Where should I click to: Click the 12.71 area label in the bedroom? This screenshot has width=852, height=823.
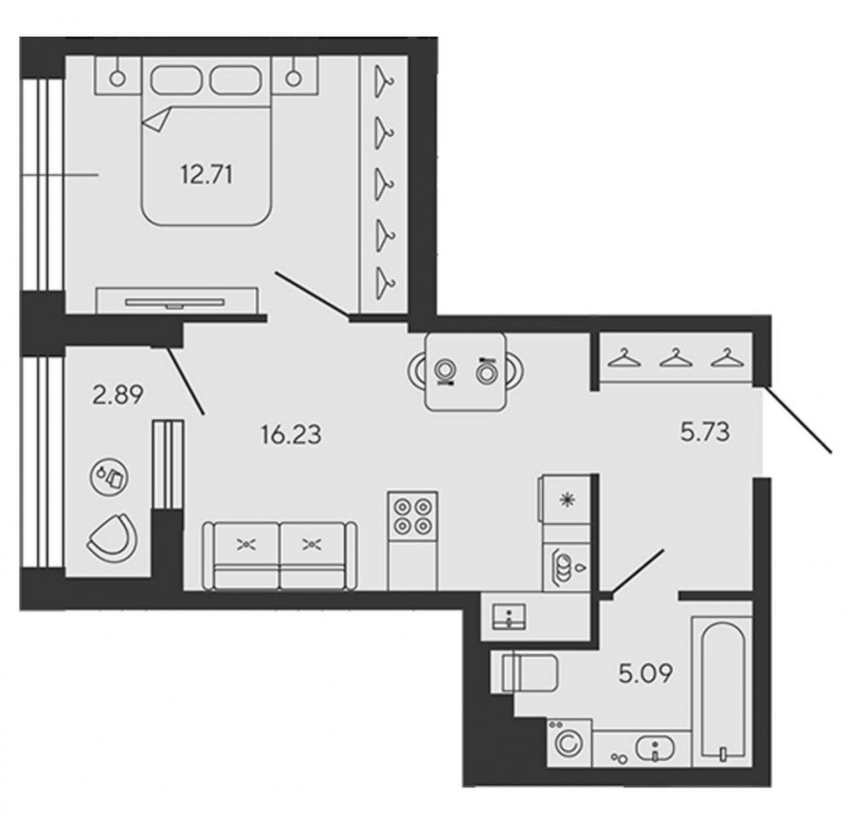click(x=207, y=175)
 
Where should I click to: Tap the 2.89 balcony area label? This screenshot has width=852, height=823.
click(x=118, y=395)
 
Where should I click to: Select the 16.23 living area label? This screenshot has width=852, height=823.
click(x=291, y=435)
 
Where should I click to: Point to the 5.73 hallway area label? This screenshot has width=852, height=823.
click(x=704, y=432)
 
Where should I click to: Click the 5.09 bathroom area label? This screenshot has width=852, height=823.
click(x=645, y=674)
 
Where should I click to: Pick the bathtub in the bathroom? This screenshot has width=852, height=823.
click(x=722, y=691)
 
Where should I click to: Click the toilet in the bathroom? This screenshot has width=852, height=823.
click(x=525, y=673)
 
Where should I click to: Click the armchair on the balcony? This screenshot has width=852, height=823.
click(x=113, y=537)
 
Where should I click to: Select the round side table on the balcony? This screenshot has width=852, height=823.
click(x=109, y=477)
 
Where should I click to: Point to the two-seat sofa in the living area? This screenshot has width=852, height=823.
click(x=279, y=556)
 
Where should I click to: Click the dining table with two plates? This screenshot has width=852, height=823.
click(x=465, y=372)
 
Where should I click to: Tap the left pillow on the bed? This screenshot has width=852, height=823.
click(x=176, y=80)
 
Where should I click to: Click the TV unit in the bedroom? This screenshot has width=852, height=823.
click(x=177, y=300)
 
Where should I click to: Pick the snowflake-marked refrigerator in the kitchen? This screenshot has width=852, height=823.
click(x=565, y=499)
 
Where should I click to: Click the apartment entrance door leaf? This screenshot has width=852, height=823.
click(x=798, y=418)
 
